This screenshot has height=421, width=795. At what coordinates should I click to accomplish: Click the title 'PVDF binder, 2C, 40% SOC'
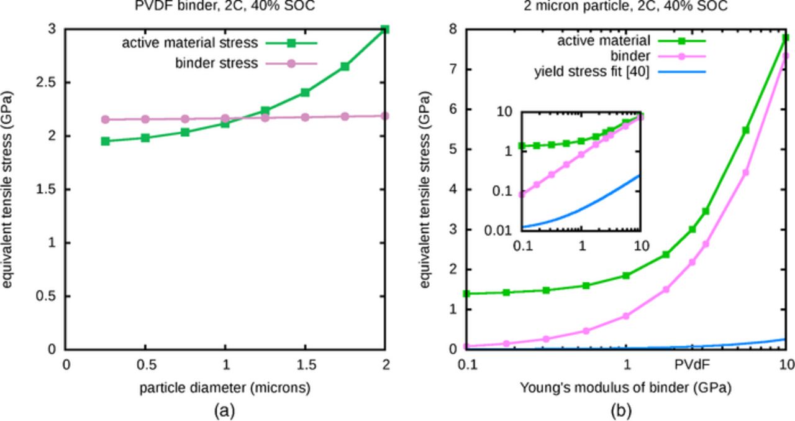tap(225, 7)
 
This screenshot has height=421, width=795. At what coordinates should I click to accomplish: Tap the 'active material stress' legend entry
tap(189, 43)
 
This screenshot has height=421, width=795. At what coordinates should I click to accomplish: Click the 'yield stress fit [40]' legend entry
tap(591, 72)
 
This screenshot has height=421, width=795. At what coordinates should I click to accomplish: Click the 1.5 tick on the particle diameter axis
tap(305, 365)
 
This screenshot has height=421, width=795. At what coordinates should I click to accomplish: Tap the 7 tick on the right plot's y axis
tap(452, 70)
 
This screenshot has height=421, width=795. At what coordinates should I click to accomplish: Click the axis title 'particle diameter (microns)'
tap(225, 388)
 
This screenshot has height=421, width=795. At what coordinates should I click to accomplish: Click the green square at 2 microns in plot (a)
tap(385, 29)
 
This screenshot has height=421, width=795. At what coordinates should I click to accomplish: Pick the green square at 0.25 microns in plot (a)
tap(106, 141)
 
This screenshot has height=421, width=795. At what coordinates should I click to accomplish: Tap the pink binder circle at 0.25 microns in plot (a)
tap(106, 119)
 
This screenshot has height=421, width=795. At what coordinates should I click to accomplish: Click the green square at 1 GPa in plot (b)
tap(626, 275)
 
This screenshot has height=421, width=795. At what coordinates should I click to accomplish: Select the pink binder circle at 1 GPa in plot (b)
tap(626, 316)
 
